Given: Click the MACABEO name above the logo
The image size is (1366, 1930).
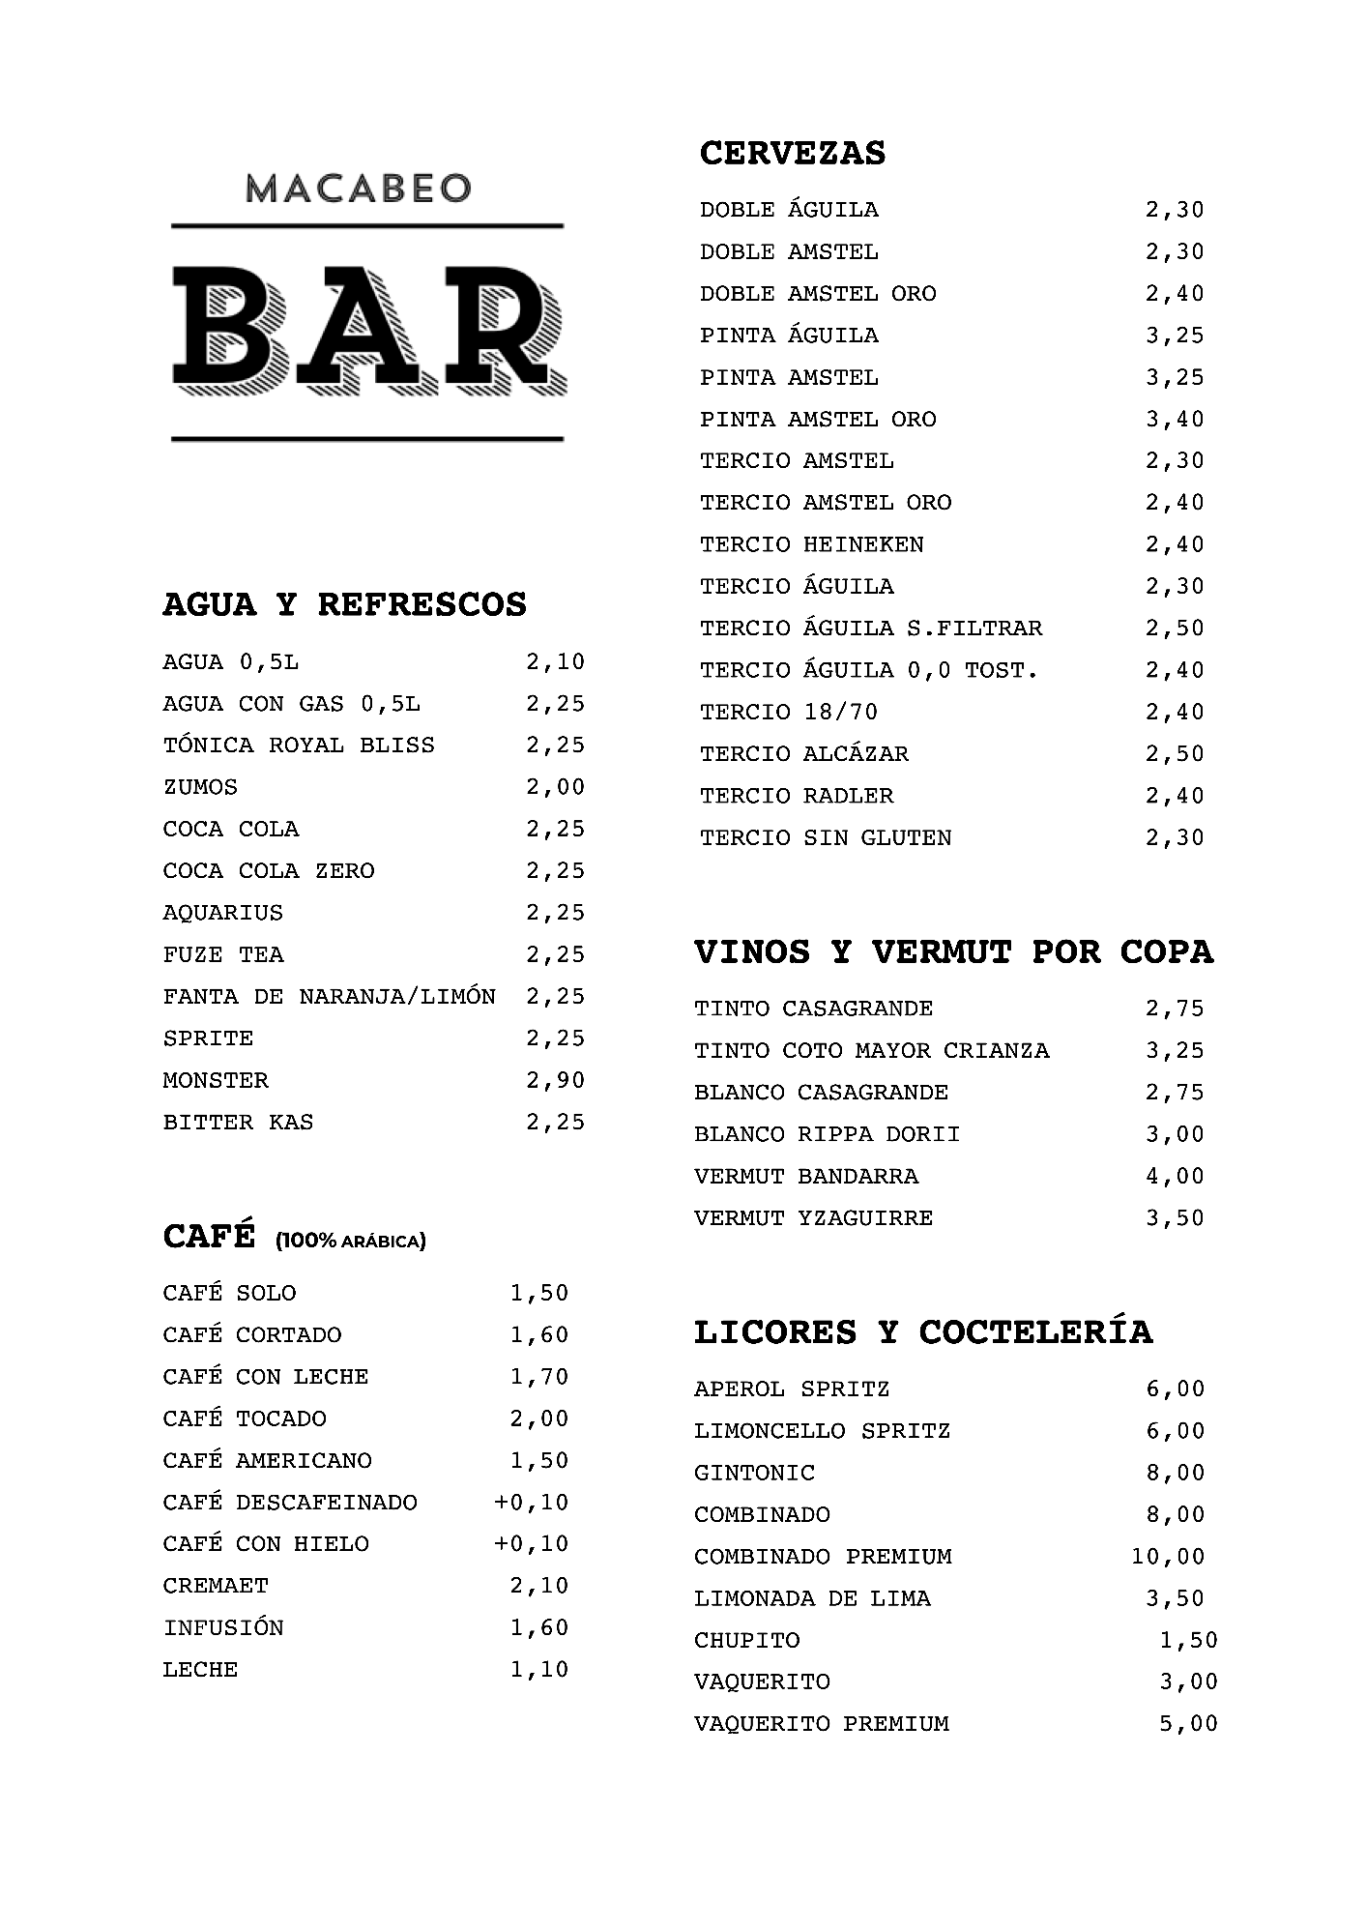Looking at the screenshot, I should tap(358, 188).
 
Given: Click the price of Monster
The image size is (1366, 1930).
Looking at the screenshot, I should tap(555, 1080).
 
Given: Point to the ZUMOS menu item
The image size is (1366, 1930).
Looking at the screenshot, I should tap(200, 787).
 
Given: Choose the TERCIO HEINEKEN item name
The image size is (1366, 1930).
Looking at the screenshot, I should tap(811, 544).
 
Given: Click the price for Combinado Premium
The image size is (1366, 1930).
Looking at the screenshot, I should tap(1168, 1556).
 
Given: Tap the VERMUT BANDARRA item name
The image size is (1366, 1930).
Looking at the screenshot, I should tap(806, 1176).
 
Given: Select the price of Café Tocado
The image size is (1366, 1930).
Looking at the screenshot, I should tap(539, 1418).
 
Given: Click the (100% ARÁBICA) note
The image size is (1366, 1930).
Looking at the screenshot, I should tap(351, 1241).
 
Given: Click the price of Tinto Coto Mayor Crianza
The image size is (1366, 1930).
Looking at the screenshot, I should tap(1175, 1050).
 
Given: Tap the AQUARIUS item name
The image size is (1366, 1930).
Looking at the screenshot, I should tap(223, 912).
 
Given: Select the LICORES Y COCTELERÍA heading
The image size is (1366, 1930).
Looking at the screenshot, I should tap(923, 1332).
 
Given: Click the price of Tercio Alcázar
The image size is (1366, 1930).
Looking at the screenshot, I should tap(1175, 753).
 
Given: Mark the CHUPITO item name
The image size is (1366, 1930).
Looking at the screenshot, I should tap(747, 1640).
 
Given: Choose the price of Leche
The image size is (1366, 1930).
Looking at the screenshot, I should tap(539, 1669).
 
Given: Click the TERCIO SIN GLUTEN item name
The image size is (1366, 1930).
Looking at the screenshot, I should tap(825, 837).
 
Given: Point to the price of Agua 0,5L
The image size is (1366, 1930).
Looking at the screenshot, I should tap(555, 661).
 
